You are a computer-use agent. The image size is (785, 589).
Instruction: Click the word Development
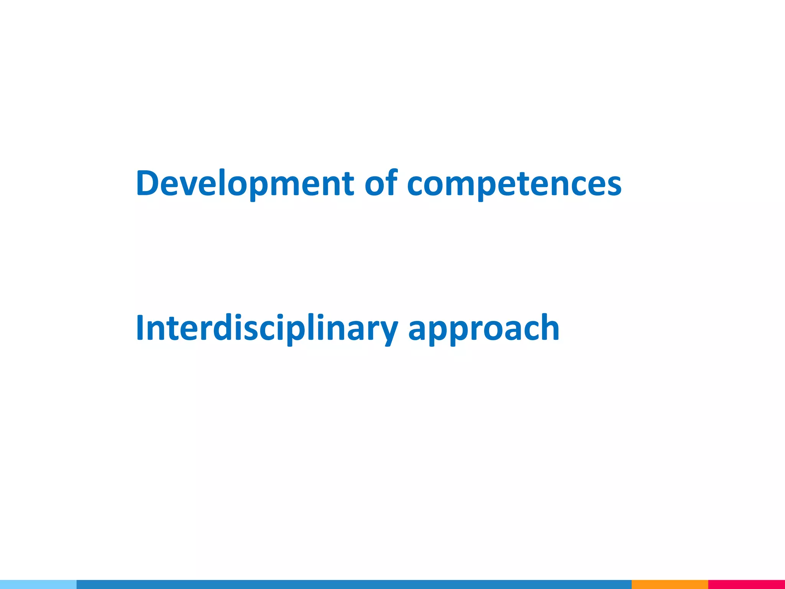tap(245, 183)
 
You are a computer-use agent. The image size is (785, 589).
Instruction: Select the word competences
tap(514, 183)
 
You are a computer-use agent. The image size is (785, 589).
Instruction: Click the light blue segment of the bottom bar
tap(38, 584)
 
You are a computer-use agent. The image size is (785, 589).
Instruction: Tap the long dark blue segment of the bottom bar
tap(354, 584)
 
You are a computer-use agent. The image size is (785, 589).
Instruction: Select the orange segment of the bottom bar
tap(670, 584)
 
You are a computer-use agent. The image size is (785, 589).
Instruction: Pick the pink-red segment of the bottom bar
tap(746, 584)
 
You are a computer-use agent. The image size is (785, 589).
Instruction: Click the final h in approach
tap(548, 328)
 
